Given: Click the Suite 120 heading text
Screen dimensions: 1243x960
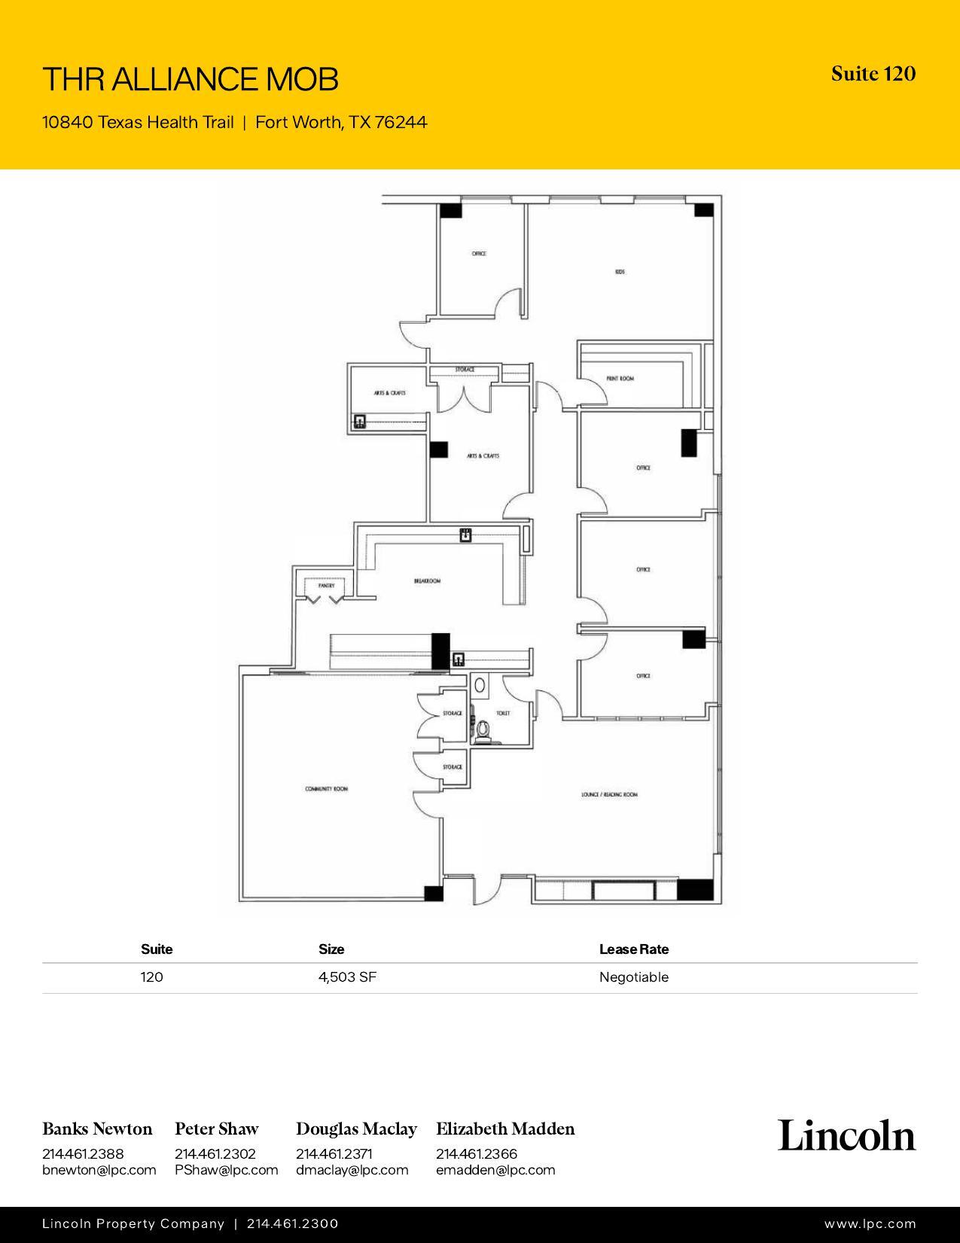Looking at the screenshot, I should coord(873,74).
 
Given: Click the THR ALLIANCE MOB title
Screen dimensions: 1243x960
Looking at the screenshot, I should coord(190,79).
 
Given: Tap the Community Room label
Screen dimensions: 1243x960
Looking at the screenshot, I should coord(326,789).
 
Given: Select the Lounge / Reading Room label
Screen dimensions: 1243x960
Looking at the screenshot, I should coord(609,794).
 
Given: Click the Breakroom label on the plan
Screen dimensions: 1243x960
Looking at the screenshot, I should coord(427,581).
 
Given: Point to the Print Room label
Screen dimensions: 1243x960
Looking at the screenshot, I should coord(620,379).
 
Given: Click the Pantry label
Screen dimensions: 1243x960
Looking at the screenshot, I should coord(325,585).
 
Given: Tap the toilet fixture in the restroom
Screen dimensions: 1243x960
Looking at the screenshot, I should coord(484,729).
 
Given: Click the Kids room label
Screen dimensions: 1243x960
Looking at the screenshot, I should coord(620,272).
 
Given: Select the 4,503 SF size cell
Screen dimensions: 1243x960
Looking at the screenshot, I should coord(347,977).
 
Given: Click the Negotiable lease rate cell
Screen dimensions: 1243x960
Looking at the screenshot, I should coord(633,977).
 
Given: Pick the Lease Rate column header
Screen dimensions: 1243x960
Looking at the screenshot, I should coord(633,949).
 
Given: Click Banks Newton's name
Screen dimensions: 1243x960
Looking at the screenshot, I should coord(97,1129).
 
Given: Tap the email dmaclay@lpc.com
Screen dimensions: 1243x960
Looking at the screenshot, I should coord(352,1170).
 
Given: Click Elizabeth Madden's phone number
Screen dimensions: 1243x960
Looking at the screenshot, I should coord(476,1153).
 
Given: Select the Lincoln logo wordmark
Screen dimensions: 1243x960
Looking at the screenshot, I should coord(846,1135).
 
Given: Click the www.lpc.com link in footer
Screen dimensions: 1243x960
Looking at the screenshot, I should coord(870,1224).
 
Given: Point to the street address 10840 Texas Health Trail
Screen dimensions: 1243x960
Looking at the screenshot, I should coord(138,122).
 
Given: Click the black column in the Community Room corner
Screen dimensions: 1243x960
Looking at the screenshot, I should coord(434,894).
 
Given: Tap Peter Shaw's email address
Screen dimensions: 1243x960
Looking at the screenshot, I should coord(226,1170).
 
